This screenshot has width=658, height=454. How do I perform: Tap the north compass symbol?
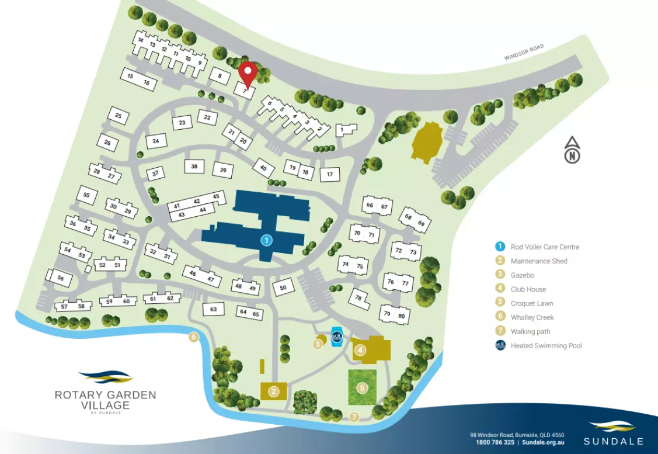coord(573,150)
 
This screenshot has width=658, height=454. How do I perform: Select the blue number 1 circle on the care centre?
coord(266,240)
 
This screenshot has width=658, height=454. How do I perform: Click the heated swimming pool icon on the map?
coord(337,337)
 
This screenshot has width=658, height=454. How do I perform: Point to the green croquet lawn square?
coord(362,387)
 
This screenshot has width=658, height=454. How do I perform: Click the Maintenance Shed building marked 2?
coord(273,391)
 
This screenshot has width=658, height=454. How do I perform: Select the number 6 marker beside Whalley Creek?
coord(194,337)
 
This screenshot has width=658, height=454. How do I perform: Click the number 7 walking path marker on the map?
coord(354,417)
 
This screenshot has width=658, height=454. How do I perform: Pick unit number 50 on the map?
coord(283,287)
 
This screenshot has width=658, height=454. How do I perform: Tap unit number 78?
coord(358,297)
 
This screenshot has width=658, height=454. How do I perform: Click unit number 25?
coord(119,116)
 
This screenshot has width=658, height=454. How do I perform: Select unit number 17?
coord(330,174)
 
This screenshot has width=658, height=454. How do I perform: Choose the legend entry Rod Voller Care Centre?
coord(545,247)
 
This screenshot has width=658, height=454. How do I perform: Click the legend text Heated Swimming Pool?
coord(546,345)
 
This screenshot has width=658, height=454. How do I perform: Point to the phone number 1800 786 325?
coord(495,442)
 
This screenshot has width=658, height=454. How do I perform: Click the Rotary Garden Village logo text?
coord(105,400)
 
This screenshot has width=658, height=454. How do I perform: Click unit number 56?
coord(61,279)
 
